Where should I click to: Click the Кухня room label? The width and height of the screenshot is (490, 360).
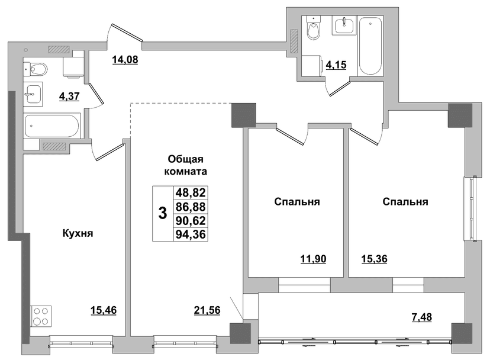(78, 233)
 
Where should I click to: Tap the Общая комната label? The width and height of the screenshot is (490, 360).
(186, 165)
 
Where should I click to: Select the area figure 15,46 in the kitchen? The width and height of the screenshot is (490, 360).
(104, 310)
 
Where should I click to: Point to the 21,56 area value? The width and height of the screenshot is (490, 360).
(207, 310)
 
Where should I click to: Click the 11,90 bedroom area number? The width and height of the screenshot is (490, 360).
(314, 259)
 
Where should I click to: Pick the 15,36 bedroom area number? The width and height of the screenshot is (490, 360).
(375, 259)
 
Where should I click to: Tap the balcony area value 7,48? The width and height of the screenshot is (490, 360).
(421, 317)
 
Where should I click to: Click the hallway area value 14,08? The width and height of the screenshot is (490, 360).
(125, 59)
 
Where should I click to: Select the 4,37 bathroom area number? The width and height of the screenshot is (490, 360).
(69, 96)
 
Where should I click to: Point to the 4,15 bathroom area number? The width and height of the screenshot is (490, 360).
(336, 65)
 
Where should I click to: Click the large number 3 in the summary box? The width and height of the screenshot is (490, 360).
(163, 214)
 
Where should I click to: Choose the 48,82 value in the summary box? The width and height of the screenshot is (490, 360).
(191, 192)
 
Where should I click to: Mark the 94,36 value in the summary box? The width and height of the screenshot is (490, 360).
(191, 234)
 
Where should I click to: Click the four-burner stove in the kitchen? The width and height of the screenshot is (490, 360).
(41, 316)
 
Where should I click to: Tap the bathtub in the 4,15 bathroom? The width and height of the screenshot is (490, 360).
(370, 46)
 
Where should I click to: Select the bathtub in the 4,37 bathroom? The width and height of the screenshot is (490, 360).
(53, 126)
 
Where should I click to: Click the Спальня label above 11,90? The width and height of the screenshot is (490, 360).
(297, 202)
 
